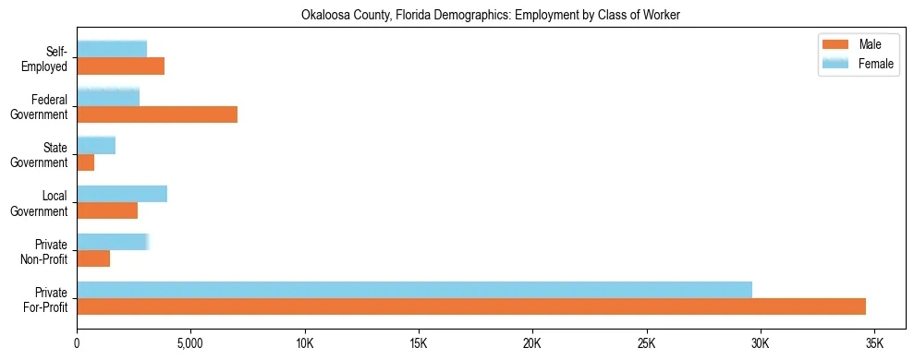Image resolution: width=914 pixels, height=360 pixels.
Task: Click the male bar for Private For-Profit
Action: coord(471,306)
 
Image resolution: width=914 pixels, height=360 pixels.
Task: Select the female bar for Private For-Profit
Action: coord(414,289)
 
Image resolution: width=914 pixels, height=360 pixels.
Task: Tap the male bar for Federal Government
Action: coord(157,114)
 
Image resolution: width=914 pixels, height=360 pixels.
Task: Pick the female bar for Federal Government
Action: coord(108,97)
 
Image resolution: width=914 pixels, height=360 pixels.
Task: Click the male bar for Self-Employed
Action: coord(121,66)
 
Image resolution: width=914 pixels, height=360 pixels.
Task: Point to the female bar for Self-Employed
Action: coord(112,49)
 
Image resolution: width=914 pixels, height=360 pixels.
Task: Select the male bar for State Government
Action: coord(86,162)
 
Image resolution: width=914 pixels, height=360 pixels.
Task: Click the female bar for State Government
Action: coord(96,145)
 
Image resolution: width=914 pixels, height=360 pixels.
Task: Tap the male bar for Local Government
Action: coord(107,210)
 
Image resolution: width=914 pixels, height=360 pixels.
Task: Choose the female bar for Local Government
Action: coord(122,193)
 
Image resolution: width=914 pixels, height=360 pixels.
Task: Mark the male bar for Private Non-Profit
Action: coord(93,258)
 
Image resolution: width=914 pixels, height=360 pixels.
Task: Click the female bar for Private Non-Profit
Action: coord(112,241)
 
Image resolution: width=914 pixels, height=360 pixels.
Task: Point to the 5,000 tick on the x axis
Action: coord(190,343)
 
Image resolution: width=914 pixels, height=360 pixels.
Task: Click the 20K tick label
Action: coord(532,343)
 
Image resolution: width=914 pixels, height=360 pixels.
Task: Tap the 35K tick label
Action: coord(873,343)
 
